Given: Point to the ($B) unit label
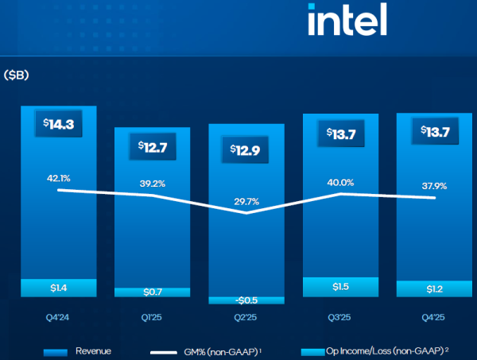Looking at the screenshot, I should pyautogui.click(x=17, y=75).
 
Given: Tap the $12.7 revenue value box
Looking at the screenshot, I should pyautogui.click(x=152, y=146).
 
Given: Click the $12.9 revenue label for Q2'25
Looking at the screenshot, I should pyautogui.click(x=246, y=149).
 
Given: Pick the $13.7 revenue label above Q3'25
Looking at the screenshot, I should pyautogui.click(x=339, y=133).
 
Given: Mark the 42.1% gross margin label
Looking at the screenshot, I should pyautogui.click(x=58, y=178).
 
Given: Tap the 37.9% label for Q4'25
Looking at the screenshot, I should pyautogui.click(x=433, y=186).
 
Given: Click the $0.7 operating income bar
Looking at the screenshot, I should pyautogui.click(x=152, y=292).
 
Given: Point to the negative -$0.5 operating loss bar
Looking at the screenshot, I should pyautogui.click(x=246, y=300).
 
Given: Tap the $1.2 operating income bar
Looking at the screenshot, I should pyautogui.click(x=433, y=288).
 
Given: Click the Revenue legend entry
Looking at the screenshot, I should pyautogui.click(x=79, y=350).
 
